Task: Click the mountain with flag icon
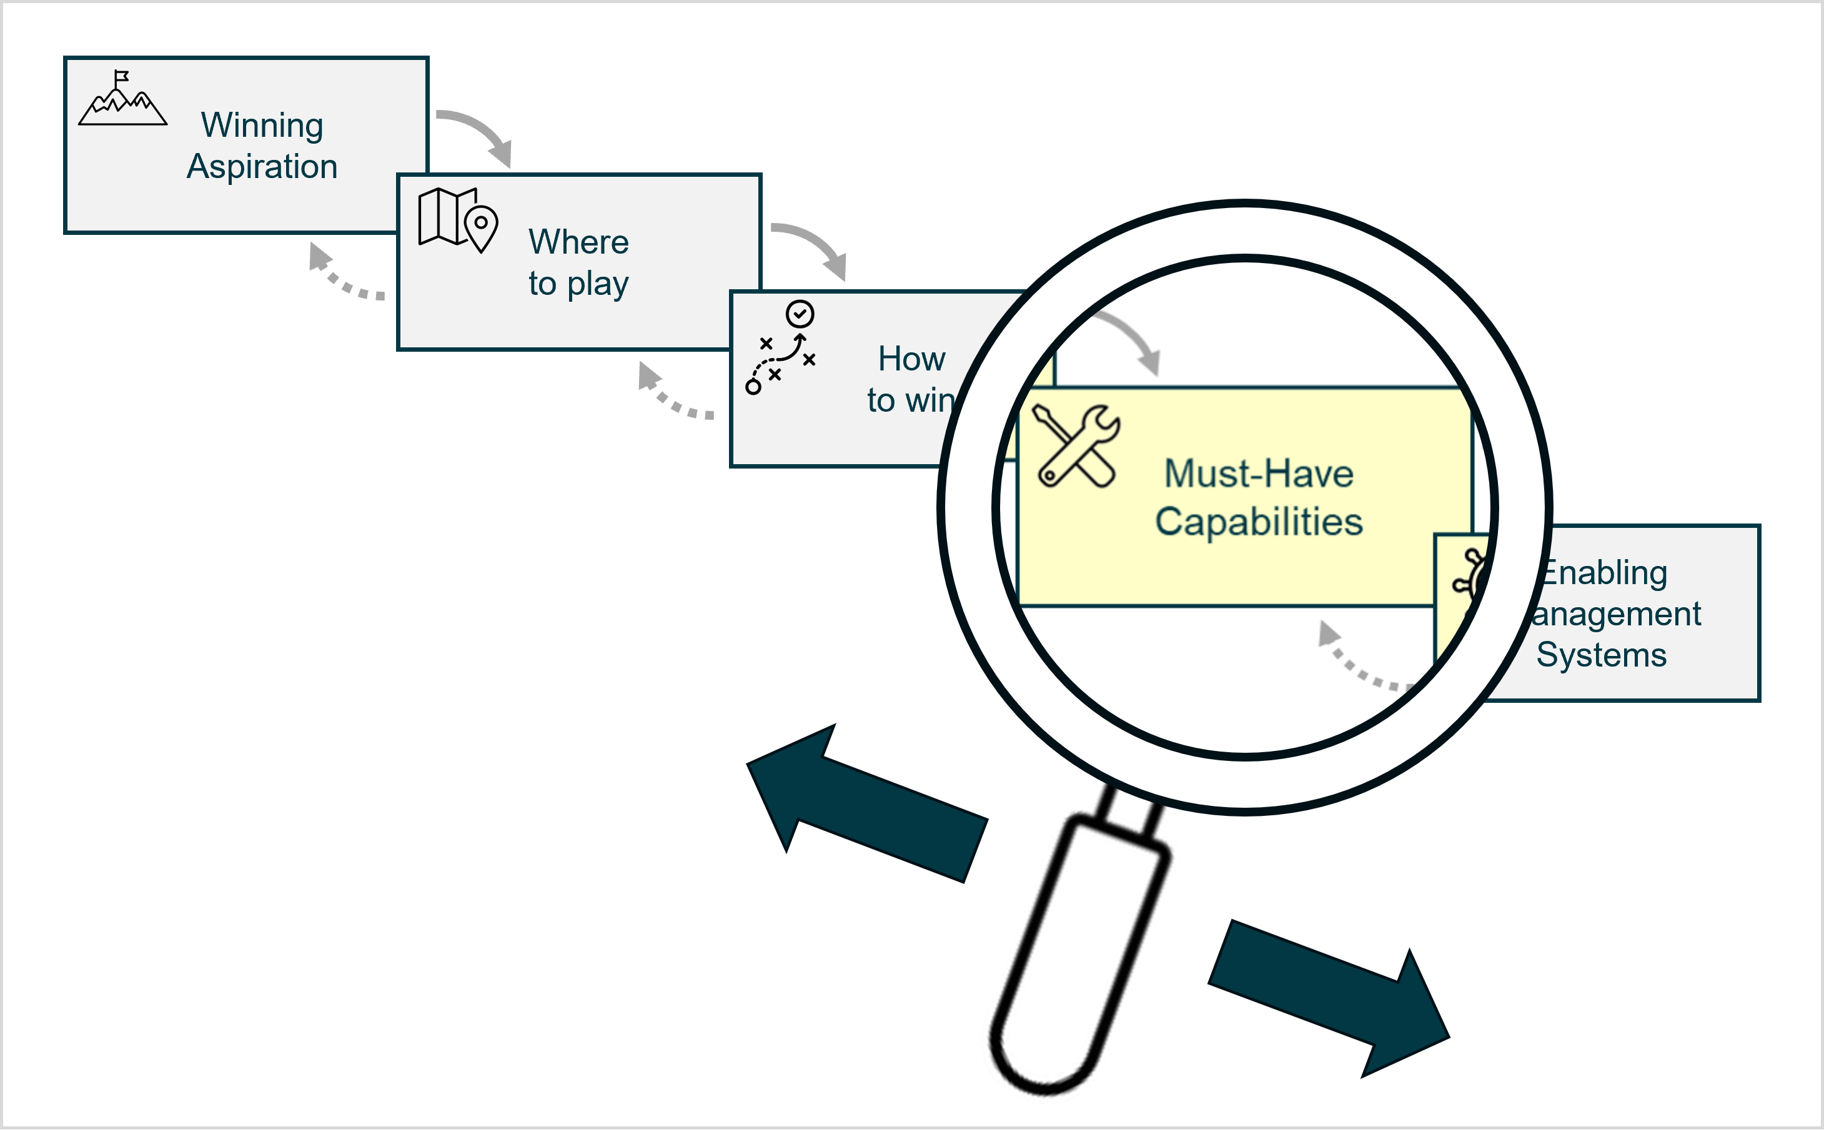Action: [x=122, y=99]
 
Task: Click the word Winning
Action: [x=262, y=125]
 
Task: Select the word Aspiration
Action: [x=262, y=166]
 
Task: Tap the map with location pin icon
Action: [x=458, y=219]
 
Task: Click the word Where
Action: [x=578, y=242]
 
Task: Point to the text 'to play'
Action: [x=578, y=284]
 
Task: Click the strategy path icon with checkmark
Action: [x=780, y=347]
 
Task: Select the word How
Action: [x=911, y=359]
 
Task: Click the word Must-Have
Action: [x=1259, y=474]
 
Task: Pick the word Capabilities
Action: [x=1259, y=522]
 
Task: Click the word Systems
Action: [x=1601, y=655]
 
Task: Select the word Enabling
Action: [x=1603, y=573]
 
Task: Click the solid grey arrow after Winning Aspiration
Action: [x=479, y=136]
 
